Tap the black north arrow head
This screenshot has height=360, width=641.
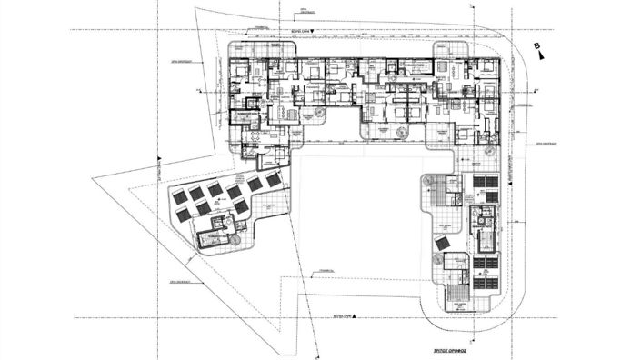(543, 55)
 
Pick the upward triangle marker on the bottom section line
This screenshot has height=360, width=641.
(354, 316)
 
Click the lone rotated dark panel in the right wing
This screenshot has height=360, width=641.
(441, 246)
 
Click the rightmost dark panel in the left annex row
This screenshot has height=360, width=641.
(273, 180)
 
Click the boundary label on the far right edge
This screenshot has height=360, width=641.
(546, 143)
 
